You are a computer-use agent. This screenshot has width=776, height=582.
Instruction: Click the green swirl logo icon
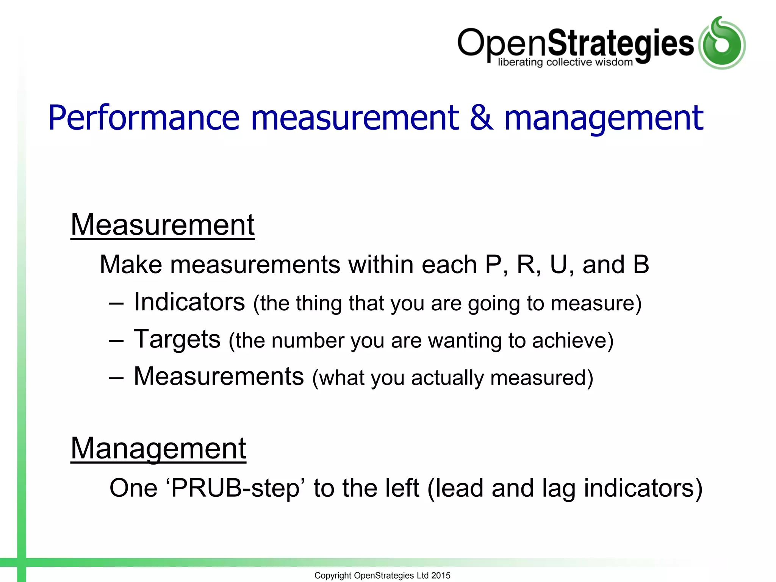(x=722, y=43)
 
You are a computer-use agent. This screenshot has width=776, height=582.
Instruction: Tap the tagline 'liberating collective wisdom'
(x=565, y=62)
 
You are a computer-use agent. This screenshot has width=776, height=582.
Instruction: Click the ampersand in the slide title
(x=481, y=118)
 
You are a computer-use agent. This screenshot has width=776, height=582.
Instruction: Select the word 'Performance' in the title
(x=144, y=118)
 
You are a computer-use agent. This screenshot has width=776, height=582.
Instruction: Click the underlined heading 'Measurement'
(x=163, y=225)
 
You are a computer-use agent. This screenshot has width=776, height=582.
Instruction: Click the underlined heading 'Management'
(x=158, y=449)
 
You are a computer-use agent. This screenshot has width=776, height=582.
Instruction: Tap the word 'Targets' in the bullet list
(x=177, y=339)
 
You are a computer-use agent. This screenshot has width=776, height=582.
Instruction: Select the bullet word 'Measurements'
(x=219, y=376)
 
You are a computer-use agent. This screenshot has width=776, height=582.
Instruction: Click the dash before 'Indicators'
(x=116, y=304)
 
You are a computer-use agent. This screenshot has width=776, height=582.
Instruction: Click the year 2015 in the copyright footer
(x=441, y=576)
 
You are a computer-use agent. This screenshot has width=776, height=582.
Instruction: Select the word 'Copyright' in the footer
(x=333, y=576)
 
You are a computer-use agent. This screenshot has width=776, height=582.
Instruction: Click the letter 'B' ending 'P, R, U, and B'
(x=641, y=264)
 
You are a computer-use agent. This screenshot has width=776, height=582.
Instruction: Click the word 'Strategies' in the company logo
(x=621, y=43)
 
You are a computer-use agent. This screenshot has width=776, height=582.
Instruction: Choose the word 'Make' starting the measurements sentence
(x=131, y=264)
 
